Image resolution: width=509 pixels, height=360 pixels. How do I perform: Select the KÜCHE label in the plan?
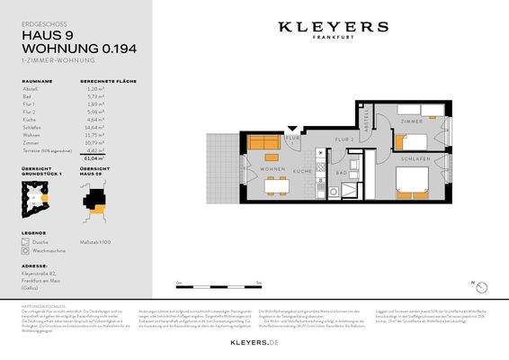click(302, 170)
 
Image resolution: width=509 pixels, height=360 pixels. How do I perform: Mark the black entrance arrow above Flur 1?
click(291, 128)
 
